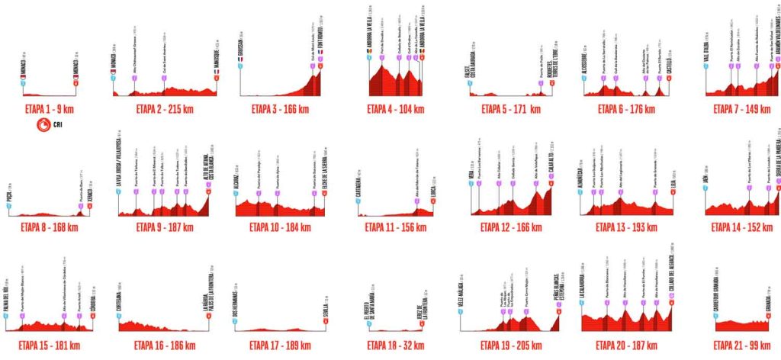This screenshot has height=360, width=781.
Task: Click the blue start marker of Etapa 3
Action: click(x=241, y=66)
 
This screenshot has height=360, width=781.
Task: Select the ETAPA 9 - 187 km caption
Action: click(x=162, y=227)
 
